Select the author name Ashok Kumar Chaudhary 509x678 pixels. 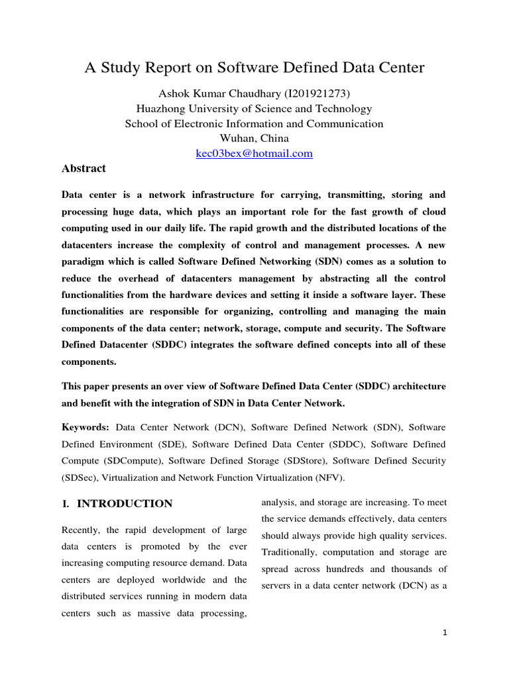click(x=215, y=94)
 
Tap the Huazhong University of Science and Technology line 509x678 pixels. click(x=254, y=109)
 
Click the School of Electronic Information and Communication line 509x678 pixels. click(x=254, y=124)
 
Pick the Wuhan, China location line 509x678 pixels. click(x=254, y=138)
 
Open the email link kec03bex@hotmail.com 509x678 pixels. click(x=254, y=154)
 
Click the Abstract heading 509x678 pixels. click(x=84, y=168)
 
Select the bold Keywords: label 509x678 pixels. click(x=85, y=428)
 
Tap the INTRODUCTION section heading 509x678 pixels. click(x=125, y=504)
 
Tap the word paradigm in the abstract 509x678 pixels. click(x=84, y=261)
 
